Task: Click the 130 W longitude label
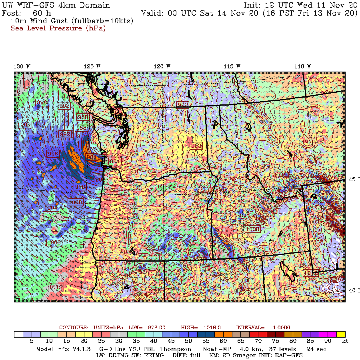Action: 22,66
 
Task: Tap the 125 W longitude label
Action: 92,66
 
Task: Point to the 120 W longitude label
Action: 163,66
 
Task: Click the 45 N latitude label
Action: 353,179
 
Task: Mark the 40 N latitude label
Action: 353,290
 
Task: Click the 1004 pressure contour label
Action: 51,208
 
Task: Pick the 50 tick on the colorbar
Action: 193,341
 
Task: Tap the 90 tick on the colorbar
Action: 327,341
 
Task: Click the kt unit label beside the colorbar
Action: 345,341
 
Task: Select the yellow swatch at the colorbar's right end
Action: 341,334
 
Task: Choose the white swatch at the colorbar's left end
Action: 18,334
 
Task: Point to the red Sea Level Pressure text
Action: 58,28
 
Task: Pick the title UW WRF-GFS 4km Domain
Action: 56,5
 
